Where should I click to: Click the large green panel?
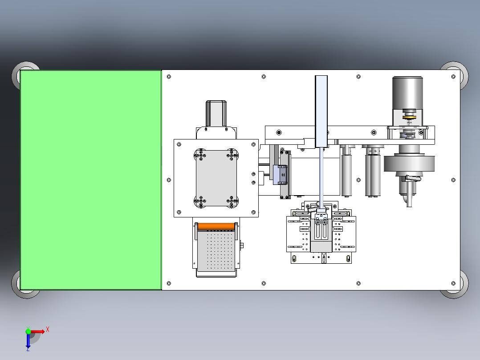tap(91, 180)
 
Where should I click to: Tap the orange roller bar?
tap(216, 226)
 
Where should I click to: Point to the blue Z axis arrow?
tap(28, 340)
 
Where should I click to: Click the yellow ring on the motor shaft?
tap(409, 117)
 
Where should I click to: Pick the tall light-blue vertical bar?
tap(321, 111)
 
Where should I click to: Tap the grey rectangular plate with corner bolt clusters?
tap(216, 178)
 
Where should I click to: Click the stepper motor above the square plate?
tap(216, 113)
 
